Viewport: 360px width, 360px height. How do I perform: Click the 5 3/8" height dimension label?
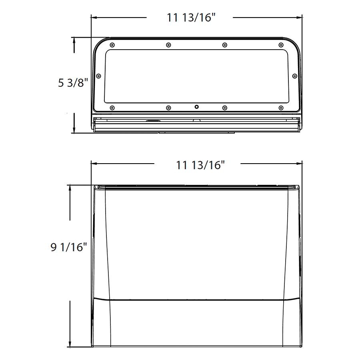73,83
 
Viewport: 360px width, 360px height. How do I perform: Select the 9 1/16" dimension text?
68,247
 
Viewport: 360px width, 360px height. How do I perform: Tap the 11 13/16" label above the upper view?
192,18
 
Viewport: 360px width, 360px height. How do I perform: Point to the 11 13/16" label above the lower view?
200,164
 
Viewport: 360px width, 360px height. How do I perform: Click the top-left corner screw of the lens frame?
112,44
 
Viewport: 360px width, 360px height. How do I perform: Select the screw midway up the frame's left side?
98,76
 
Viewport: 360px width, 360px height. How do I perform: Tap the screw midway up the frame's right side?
295,76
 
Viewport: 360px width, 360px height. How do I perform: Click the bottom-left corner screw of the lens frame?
112,108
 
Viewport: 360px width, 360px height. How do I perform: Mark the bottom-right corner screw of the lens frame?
281,108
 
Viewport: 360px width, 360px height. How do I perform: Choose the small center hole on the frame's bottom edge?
196,107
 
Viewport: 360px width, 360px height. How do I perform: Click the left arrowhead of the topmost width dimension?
94,18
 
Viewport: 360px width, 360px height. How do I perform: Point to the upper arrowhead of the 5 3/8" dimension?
74,40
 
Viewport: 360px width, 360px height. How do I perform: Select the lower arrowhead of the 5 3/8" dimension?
74,130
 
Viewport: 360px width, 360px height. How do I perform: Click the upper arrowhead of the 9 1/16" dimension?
70,188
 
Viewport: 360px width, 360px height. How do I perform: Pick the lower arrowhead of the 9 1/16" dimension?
70,344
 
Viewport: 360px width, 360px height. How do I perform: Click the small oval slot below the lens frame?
153,120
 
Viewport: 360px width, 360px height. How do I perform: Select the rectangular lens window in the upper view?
196,76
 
